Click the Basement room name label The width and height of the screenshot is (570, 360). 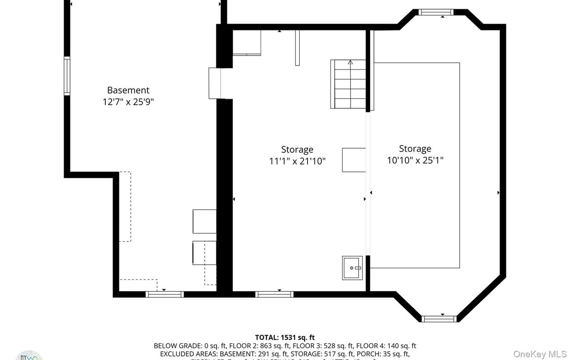pyautogui.click(x=128, y=90)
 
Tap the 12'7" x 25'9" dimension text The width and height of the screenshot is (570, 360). pyautogui.click(x=128, y=102)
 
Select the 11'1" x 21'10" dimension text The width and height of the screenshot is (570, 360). pyautogui.click(x=297, y=161)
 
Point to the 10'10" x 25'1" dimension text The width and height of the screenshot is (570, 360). pyautogui.click(x=415, y=160)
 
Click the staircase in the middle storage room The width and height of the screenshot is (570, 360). pyautogui.click(x=348, y=84)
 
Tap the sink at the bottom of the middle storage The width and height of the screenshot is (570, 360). pyautogui.click(x=352, y=268)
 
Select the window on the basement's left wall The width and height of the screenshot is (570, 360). pyautogui.click(x=67, y=76)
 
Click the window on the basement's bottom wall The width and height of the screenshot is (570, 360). pyautogui.click(x=165, y=294)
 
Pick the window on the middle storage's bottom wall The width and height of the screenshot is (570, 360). pyautogui.click(x=274, y=294)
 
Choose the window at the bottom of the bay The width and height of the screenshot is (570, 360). pyautogui.click(x=439, y=319)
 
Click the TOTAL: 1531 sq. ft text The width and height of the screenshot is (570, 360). pyautogui.click(x=285, y=337)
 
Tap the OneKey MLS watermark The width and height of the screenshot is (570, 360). pyautogui.click(x=540, y=354)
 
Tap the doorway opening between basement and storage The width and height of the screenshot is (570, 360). pyautogui.click(x=215, y=83)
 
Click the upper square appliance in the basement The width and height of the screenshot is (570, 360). pyautogui.click(x=205, y=221)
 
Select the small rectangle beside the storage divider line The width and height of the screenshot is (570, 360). pyautogui.click(x=354, y=160)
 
